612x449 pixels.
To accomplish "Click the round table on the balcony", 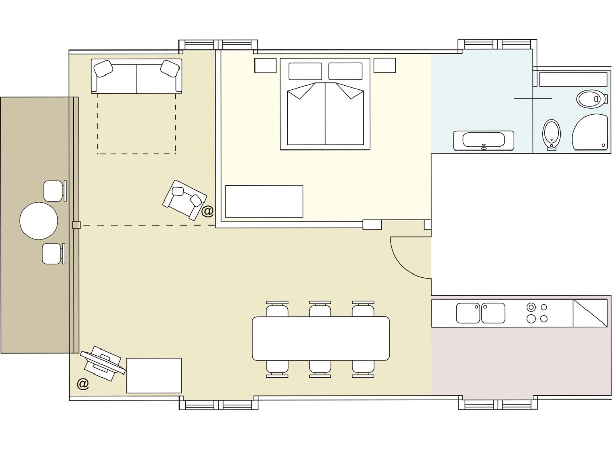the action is [x=39, y=221].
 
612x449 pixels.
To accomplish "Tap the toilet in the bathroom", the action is [x=552, y=135].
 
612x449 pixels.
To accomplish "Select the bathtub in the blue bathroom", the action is [x=483, y=140].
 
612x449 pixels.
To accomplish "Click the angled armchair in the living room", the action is [x=185, y=200].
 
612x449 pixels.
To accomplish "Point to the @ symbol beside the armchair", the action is [x=208, y=211].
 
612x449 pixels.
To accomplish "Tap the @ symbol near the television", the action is [x=83, y=384].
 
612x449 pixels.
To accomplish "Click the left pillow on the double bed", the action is [x=305, y=71].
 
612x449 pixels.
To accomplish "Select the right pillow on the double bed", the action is [x=345, y=71].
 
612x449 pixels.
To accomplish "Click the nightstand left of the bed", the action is [x=265, y=65].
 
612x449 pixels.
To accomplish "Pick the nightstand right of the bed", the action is [x=385, y=65].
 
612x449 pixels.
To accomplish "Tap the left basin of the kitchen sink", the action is [x=468, y=313].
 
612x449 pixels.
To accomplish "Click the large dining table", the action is [x=321, y=338].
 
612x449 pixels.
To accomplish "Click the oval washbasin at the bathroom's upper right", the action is [x=591, y=99].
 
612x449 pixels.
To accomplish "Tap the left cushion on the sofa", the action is [x=103, y=68].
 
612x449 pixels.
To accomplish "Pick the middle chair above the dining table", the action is [x=320, y=309].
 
